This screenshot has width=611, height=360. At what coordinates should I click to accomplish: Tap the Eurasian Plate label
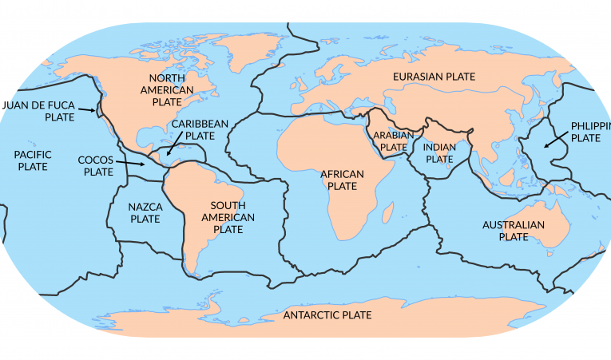(x=434, y=77)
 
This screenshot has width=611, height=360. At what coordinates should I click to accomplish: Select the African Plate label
(x=342, y=180)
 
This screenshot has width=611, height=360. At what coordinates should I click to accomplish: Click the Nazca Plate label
(x=145, y=212)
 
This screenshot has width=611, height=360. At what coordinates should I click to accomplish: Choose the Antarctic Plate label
(x=327, y=315)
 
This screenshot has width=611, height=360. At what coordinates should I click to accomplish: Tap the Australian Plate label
(x=513, y=231)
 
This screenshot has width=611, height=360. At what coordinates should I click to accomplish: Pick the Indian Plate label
(x=439, y=153)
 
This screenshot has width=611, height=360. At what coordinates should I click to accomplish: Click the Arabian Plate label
(x=393, y=142)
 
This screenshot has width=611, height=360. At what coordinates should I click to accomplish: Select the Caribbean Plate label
(x=200, y=129)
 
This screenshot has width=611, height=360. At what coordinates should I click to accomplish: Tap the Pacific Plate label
(x=32, y=160)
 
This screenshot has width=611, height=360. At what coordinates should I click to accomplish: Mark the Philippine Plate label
(x=590, y=132)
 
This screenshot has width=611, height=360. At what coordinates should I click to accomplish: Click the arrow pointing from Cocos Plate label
(x=133, y=164)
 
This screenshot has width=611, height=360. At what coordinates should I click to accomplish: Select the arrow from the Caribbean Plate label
(x=174, y=148)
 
